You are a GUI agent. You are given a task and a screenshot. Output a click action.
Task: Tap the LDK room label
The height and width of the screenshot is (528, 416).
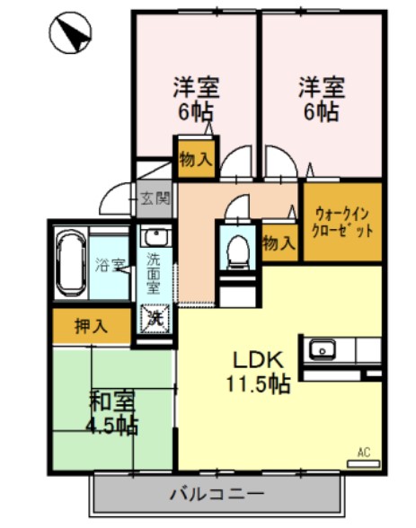[x=259, y=359]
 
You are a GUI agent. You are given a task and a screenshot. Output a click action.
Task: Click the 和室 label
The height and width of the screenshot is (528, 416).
[x=111, y=401]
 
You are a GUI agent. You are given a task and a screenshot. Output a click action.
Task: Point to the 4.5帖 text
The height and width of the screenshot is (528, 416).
[x=112, y=424]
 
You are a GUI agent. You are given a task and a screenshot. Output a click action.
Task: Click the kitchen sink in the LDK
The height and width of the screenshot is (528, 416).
[x=322, y=348]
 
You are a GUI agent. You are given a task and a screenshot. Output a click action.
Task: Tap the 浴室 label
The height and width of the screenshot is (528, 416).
[x=108, y=265]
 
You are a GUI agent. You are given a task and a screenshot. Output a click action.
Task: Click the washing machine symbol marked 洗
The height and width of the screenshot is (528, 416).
[x=154, y=317]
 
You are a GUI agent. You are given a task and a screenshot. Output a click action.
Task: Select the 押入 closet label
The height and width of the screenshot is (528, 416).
[x=90, y=326]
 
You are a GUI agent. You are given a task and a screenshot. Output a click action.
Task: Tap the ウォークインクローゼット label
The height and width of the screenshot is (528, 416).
[x=342, y=221]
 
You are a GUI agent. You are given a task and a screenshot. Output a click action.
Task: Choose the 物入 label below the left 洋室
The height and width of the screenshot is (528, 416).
[x=196, y=160]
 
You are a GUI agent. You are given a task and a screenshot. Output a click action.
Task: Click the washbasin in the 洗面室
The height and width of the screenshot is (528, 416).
[x=154, y=239]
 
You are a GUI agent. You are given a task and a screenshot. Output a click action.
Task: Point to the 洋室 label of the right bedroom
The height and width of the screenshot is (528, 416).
[x=320, y=88]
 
